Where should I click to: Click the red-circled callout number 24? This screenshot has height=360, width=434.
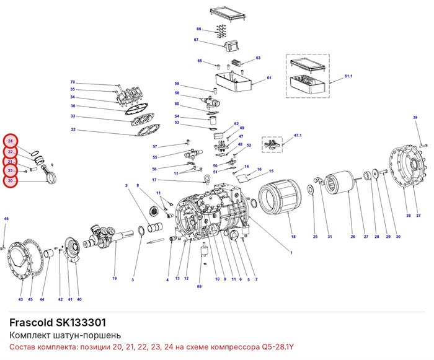[11, 141]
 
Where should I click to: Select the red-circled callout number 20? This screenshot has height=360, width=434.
[11, 181]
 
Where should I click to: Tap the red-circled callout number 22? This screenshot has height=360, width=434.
[11, 152]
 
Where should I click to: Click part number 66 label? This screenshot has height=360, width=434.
[199, 29]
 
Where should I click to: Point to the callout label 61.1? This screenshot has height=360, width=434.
[348, 76]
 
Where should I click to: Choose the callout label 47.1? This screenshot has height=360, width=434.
[298, 135]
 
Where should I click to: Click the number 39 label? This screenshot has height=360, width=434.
[415, 117]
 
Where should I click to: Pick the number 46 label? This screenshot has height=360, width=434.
[6, 219]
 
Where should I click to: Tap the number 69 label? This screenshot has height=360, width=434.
[199, 286]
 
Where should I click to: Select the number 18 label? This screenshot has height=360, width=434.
[293, 237]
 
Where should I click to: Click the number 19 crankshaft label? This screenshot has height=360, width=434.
[114, 278]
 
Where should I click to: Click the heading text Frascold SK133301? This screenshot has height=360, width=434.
[58, 322]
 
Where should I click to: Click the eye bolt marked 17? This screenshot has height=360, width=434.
[206, 178]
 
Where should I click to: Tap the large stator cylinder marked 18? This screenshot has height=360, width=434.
[280, 197]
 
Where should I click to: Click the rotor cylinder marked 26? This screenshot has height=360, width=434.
[339, 182]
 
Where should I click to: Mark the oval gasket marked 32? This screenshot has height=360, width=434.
[148, 129]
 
